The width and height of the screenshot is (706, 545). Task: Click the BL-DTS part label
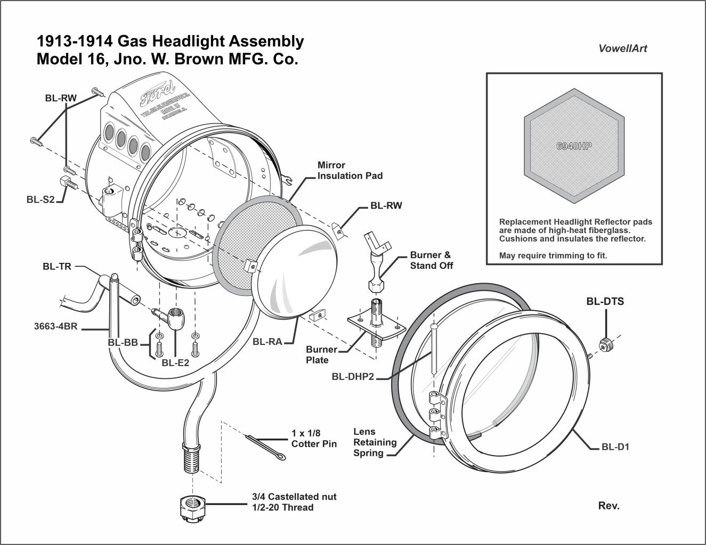pos(605,301)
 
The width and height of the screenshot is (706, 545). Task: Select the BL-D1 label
pos(615,447)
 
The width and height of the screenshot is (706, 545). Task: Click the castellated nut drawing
pos(190,508)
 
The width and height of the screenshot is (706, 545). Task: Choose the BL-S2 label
pos(40,200)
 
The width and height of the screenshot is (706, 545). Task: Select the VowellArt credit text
pos(623,48)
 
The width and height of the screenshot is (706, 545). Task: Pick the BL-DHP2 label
pos(353,377)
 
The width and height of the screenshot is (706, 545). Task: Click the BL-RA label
pos(268,342)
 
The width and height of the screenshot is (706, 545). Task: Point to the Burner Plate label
pos(321,354)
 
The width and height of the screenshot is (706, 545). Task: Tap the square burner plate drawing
pos(376,326)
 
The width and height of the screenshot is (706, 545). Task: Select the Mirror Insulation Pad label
pos(350,170)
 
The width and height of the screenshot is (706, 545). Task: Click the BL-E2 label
pos(176,364)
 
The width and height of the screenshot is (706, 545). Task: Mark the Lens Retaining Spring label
pos(375,442)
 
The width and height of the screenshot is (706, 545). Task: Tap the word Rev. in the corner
pos(608,506)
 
